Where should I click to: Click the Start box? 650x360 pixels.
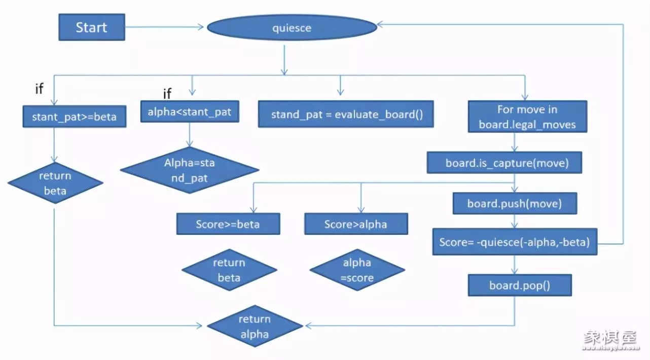click(x=92, y=27)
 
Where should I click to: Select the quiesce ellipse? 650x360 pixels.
click(x=292, y=28)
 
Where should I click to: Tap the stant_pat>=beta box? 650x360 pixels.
click(x=74, y=117)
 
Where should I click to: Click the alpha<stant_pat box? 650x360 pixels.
click(x=189, y=112)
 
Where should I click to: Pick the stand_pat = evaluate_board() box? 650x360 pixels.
click(x=346, y=114)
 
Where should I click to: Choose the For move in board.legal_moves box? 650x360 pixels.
click(x=527, y=117)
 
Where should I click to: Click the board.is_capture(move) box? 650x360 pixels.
click(x=504, y=163)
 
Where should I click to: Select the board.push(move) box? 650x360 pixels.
click(x=515, y=204)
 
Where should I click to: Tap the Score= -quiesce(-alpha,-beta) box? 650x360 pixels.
click(x=515, y=242)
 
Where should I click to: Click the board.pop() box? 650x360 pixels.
click(x=520, y=285)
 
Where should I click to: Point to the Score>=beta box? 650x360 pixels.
click(x=228, y=224)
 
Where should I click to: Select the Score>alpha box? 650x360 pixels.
click(x=356, y=224)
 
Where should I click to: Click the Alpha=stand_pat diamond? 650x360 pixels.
click(x=190, y=170)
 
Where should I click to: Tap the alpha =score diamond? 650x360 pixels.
click(x=357, y=270)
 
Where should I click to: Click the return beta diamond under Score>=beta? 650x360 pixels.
click(x=229, y=270)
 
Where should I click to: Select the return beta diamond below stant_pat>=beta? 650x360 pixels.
click(x=56, y=183)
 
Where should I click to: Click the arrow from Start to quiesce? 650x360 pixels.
click(x=165, y=27)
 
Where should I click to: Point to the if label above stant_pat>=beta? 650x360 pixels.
click(x=39, y=89)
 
